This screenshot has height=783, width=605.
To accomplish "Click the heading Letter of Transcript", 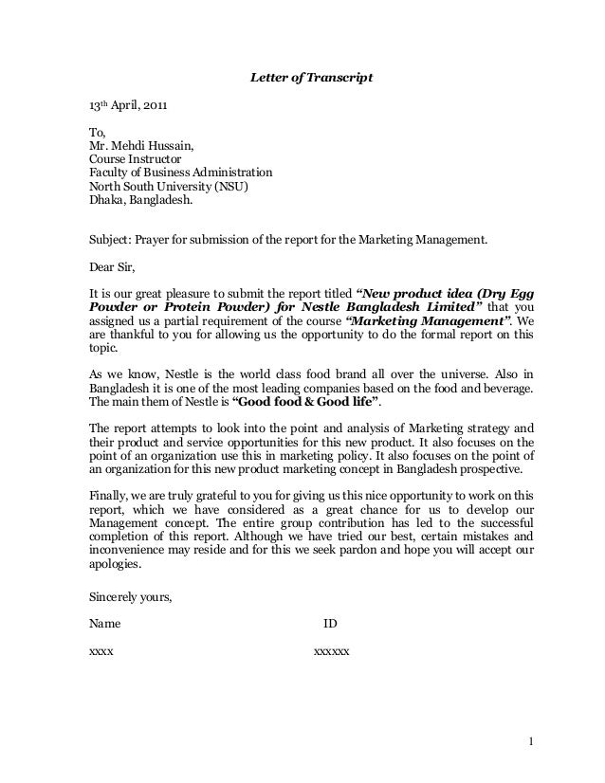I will coord(311,75).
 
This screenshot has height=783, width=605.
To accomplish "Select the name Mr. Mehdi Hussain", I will coord(142,146).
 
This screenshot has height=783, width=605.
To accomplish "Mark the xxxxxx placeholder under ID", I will coord(331,653).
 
